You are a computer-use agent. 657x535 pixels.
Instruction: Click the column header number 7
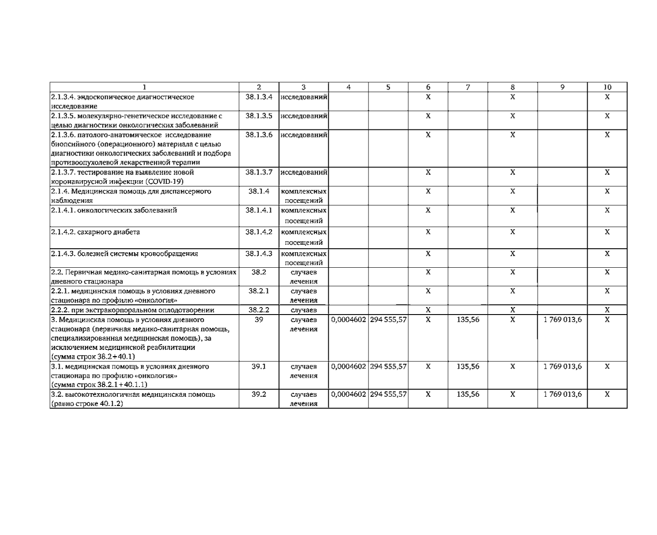[x=467, y=87]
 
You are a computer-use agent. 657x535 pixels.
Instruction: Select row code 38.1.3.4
[x=259, y=97]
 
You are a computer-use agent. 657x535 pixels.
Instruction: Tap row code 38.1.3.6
[x=259, y=135]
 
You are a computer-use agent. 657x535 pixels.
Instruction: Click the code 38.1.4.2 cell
[x=259, y=232]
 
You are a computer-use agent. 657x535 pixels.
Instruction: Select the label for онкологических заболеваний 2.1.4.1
[x=114, y=210]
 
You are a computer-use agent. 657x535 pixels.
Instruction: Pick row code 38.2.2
[x=259, y=310]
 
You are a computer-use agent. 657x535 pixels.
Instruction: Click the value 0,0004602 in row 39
[x=348, y=319]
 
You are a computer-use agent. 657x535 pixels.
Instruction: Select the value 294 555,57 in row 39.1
[x=388, y=366]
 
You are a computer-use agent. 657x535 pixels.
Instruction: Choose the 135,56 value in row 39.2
[x=467, y=394]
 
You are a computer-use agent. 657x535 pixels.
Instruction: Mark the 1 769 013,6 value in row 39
[x=562, y=319]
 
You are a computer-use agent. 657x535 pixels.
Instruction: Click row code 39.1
[x=259, y=366]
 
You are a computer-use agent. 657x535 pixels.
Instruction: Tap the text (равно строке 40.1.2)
[x=87, y=403]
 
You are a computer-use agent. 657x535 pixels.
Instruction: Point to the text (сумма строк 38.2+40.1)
[x=93, y=357]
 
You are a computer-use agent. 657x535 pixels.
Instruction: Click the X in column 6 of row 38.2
[x=428, y=272]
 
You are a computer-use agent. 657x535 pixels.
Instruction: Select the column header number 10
[x=607, y=87]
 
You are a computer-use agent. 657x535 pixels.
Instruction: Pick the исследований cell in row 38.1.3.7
[x=304, y=172]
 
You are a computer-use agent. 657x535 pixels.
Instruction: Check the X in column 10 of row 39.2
[x=607, y=394]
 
